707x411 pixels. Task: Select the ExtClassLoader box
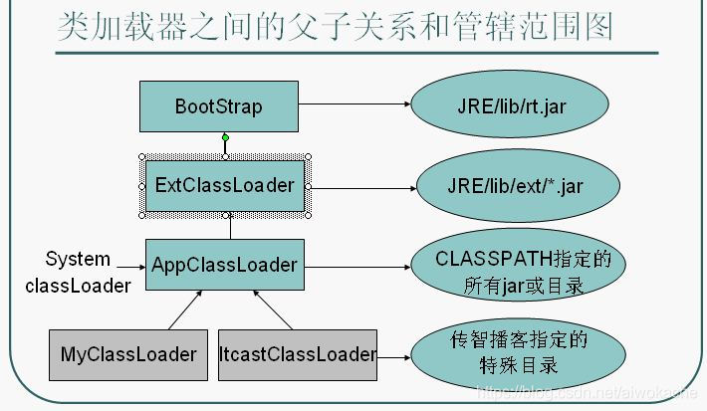225,185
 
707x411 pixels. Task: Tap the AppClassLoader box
225,265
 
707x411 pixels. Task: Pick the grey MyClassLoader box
128,353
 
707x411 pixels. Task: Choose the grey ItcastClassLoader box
298,353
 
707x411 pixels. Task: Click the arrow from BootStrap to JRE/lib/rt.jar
353,103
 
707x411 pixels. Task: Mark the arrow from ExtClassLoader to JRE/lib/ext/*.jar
358,185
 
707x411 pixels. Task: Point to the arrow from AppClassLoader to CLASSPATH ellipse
356,265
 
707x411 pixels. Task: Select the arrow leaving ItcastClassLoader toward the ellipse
394,353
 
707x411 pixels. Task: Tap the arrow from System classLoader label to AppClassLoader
129,265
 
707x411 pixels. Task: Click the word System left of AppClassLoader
78,259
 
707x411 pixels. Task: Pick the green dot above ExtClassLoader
225,137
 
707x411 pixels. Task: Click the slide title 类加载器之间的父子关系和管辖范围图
335,28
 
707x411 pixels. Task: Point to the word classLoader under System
78,286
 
